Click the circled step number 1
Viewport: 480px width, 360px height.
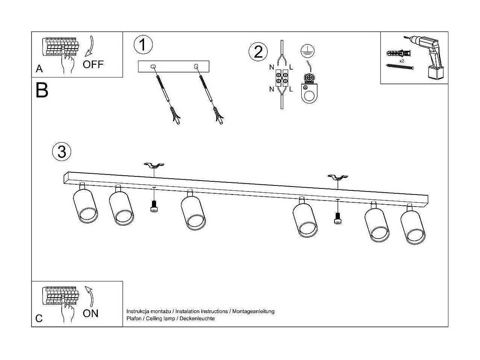(x=143, y=44)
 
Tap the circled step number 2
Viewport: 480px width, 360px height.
(x=258, y=52)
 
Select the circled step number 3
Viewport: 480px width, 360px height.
(x=62, y=151)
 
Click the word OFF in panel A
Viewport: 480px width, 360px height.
(x=93, y=64)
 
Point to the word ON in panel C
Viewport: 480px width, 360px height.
(x=91, y=313)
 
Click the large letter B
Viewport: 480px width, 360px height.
(x=42, y=90)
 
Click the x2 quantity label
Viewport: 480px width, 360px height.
(x=402, y=61)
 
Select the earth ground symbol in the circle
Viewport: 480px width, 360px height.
(x=308, y=51)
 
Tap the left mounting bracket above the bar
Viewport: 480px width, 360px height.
(x=154, y=166)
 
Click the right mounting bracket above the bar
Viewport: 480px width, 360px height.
(x=337, y=177)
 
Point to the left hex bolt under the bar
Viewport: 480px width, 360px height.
(x=153, y=207)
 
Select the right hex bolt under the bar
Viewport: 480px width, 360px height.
(x=337, y=218)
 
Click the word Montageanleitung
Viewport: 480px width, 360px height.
(x=253, y=311)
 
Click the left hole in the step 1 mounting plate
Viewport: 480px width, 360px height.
(x=152, y=67)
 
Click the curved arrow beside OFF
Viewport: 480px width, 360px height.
(x=90, y=47)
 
